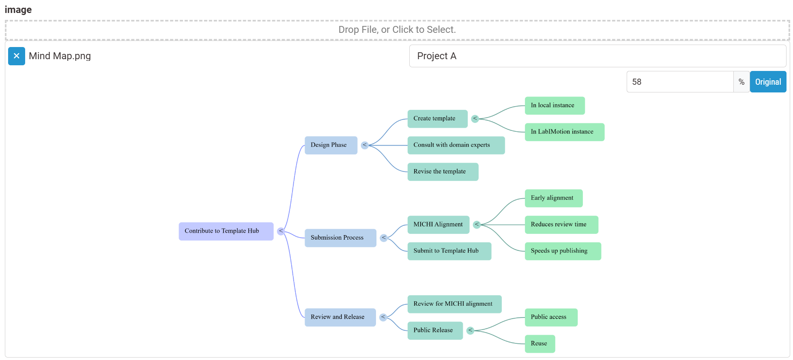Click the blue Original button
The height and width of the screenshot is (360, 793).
pos(768,82)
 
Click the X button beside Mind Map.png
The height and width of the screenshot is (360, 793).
pos(17,56)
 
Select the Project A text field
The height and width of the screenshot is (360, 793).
pos(597,56)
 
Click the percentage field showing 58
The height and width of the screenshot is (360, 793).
pos(680,82)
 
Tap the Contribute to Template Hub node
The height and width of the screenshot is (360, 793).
pos(226,231)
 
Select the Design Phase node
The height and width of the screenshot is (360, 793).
pos(331,145)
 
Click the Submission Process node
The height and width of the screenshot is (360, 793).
pos(340,238)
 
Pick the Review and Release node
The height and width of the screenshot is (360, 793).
pos(340,317)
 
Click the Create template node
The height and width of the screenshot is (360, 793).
pos(437,119)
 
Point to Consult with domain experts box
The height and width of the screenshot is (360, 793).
pos(456,145)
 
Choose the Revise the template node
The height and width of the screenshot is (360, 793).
pos(443,172)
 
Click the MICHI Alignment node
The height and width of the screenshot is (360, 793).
pos(438,225)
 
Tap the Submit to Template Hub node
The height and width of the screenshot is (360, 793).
pos(449,251)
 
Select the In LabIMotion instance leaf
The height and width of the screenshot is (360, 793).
pos(564,132)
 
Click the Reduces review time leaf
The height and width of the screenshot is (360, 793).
pos(561,225)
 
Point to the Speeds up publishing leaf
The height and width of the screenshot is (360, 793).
pos(563,251)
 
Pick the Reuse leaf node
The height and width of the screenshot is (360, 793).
pos(539,344)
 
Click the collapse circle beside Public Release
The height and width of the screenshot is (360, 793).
pos(471,330)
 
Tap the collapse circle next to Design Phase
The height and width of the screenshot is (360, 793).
pos(365,145)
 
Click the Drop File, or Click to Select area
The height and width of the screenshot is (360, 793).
pos(397,30)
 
